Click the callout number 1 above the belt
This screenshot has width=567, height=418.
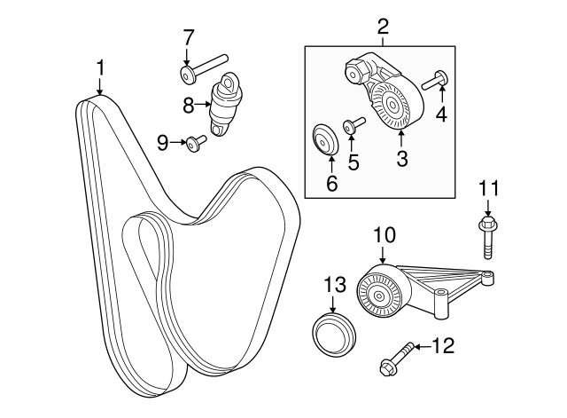[x=100, y=67]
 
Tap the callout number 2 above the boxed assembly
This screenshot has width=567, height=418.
[x=383, y=27]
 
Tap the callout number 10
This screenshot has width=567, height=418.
[x=383, y=236]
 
